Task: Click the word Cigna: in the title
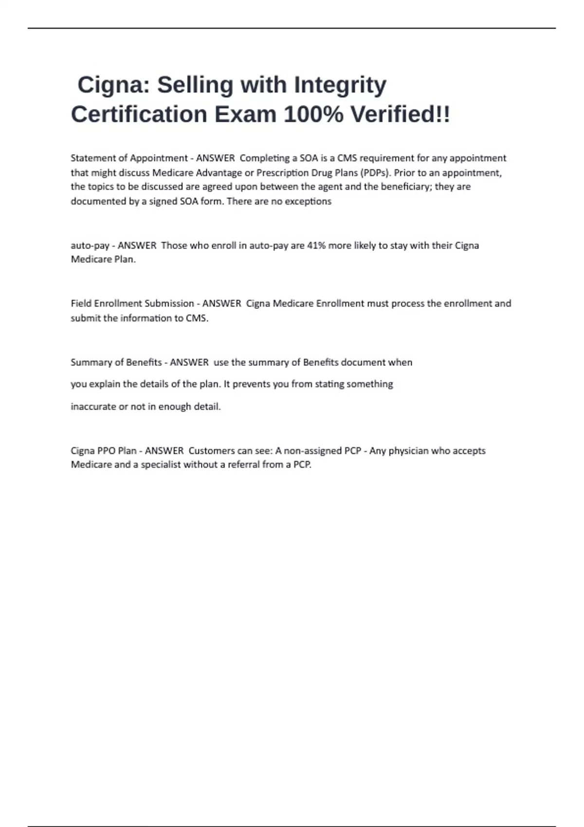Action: click(114, 85)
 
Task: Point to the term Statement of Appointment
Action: click(129, 158)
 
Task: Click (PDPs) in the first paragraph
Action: click(376, 173)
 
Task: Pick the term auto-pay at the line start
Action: click(90, 246)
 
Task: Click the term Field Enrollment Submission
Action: click(132, 304)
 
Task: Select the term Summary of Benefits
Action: click(116, 362)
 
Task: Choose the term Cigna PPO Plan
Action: click(103, 451)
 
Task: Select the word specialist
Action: click(161, 465)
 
